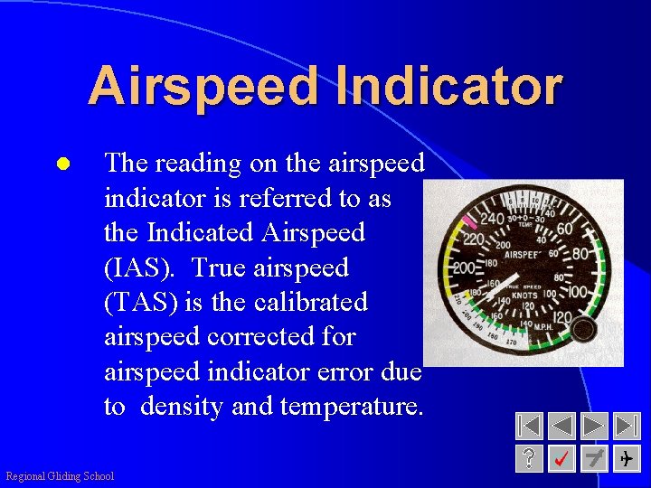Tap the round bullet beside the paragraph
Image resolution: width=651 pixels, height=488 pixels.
pyautogui.click(x=62, y=165)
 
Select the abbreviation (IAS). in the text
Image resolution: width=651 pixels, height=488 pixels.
pyautogui.click(x=142, y=267)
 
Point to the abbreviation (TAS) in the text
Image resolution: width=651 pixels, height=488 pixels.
pyautogui.click(x=142, y=302)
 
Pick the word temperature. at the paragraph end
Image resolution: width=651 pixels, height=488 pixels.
pyautogui.click(x=352, y=407)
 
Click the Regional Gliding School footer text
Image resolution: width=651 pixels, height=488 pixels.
pyautogui.click(x=60, y=476)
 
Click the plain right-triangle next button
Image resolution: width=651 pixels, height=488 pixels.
pyautogui.click(x=594, y=426)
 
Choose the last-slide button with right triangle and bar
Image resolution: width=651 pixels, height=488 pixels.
pyautogui.click(x=626, y=426)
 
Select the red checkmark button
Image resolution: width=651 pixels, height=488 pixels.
pyautogui.click(x=562, y=458)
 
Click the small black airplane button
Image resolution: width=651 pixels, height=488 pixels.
pyautogui.click(x=626, y=458)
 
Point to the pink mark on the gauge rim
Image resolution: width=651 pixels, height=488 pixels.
pyautogui.click(x=469, y=221)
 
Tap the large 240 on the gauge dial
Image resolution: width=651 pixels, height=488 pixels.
pyautogui.click(x=493, y=218)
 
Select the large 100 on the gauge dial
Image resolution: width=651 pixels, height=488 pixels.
pyautogui.click(x=576, y=293)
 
